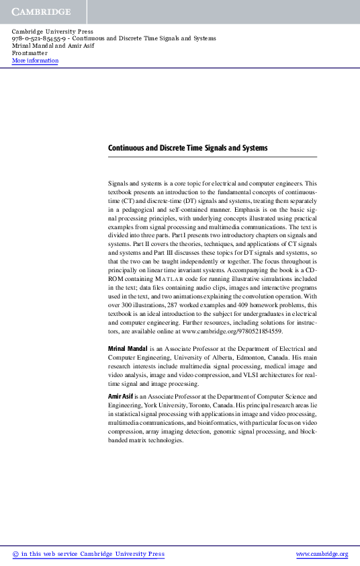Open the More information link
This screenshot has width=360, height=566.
point(35,61)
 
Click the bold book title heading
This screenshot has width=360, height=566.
point(187,148)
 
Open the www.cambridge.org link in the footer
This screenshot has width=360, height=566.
point(322,555)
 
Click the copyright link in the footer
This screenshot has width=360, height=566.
point(88,555)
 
